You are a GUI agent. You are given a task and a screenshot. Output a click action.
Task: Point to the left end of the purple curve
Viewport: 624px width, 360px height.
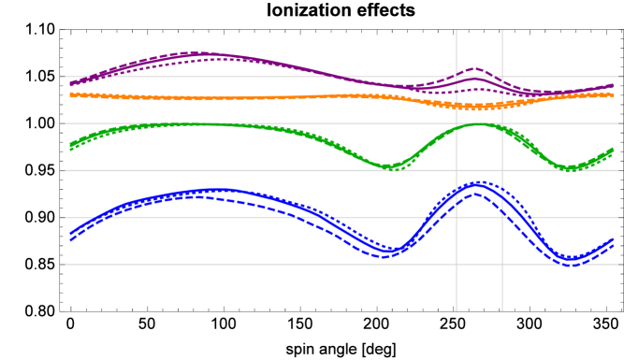[x=71, y=83]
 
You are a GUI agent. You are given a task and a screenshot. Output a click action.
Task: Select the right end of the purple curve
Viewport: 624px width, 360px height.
[x=613, y=86]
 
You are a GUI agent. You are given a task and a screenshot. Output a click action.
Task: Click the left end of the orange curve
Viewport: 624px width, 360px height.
[x=71, y=94]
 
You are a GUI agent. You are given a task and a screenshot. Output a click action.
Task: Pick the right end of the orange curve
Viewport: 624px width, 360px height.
[x=613, y=94]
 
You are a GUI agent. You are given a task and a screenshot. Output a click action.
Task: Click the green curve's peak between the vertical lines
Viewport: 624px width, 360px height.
[x=478, y=124]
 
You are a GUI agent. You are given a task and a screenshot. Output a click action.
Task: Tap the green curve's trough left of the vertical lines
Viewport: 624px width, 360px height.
[x=391, y=167]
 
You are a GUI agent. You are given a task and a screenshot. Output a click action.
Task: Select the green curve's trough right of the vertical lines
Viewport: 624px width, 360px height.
[x=568, y=168]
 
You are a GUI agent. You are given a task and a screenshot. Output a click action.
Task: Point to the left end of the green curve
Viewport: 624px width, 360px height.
[x=71, y=146]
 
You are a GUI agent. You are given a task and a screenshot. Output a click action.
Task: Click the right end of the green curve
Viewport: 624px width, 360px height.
[x=613, y=150]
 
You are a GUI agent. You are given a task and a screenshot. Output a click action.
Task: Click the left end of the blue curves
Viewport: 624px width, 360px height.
[x=71, y=236]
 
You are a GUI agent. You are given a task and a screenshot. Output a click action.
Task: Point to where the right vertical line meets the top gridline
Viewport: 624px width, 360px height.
[x=502, y=77]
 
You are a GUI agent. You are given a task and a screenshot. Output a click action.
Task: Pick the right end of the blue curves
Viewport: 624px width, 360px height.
[x=613, y=242]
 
